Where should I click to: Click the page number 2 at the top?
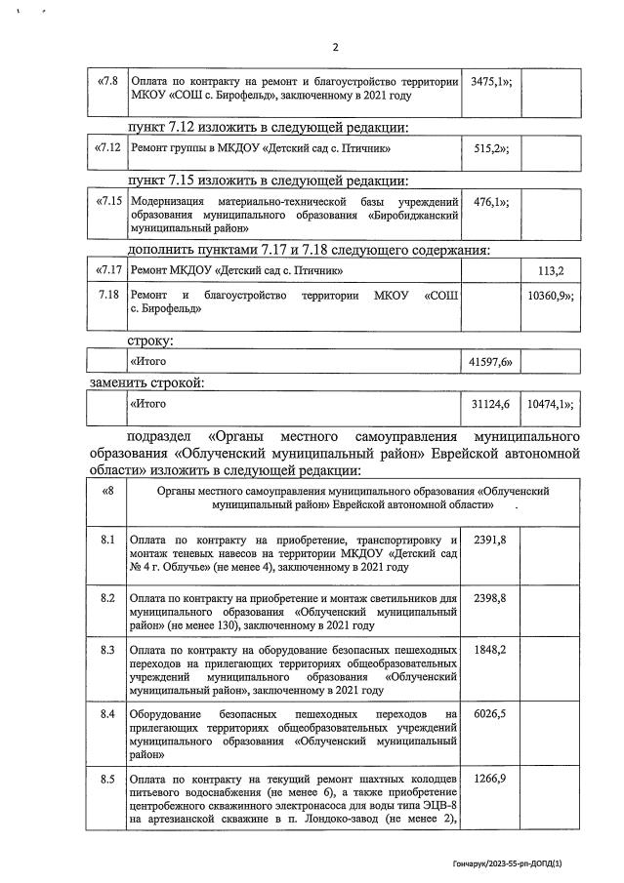point(334,46)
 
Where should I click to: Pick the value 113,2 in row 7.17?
point(552,269)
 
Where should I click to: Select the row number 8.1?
point(107,539)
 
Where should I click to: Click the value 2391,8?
point(489,539)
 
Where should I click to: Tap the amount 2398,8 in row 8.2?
point(489,594)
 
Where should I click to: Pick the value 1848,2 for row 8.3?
point(489,649)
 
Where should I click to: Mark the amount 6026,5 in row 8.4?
point(489,714)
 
